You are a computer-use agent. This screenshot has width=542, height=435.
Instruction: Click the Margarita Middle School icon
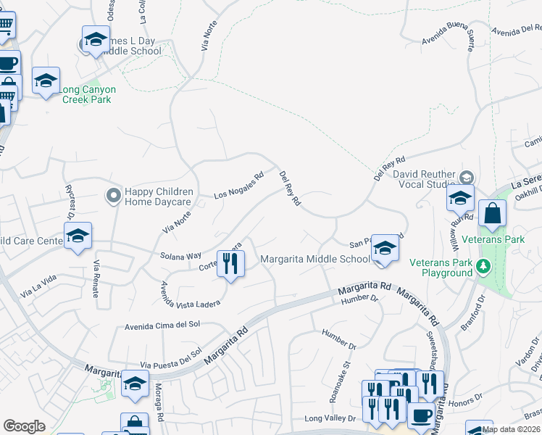click(385, 249)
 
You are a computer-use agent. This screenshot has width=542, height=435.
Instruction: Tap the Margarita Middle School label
click(314, 259)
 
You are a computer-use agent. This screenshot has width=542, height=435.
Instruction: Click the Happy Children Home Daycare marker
click(113, 196)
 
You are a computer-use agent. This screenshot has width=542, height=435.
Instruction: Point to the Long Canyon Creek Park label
click(87, 94)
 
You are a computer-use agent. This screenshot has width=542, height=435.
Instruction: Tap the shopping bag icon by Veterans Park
click(492, 215)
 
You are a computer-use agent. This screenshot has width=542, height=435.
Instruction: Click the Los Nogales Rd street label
click(238, 186)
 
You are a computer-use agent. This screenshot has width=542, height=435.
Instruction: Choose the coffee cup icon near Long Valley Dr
click(422, 416)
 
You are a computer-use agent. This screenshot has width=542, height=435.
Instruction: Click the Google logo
click(24, 426)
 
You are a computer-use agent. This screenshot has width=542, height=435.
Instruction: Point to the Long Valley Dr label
click(330, 418)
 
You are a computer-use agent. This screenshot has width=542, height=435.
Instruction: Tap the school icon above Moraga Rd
click(135, 383)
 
